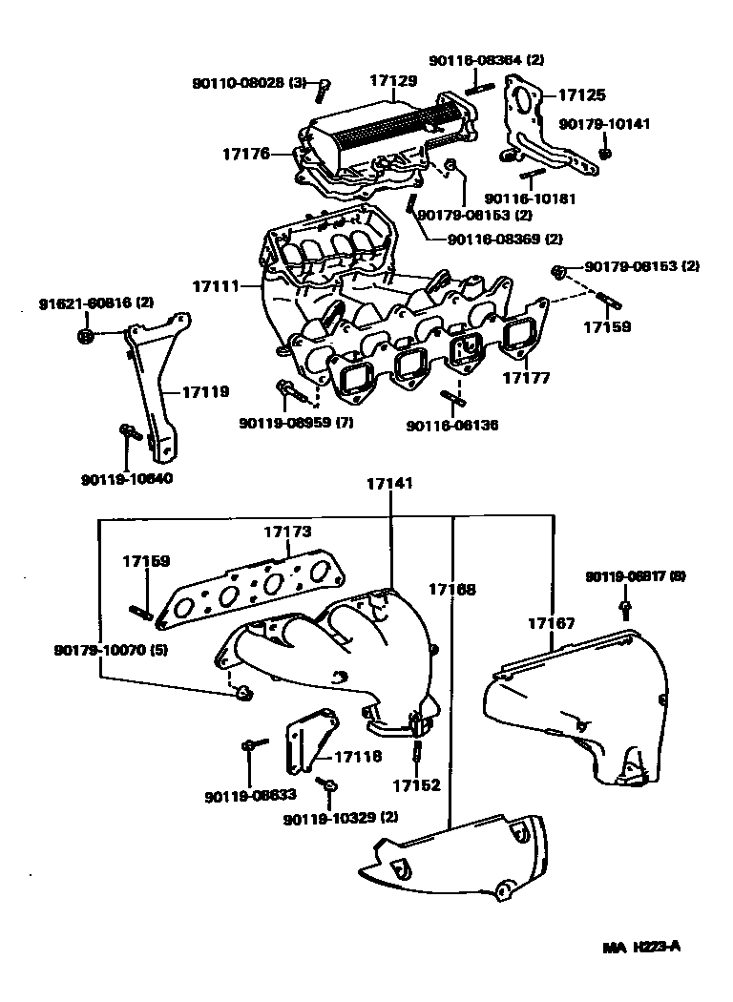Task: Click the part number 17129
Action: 393,82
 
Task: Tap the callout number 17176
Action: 246,153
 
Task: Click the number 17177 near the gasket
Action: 526,379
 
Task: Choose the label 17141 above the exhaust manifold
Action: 389,485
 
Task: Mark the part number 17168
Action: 452,591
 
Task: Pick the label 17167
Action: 551,623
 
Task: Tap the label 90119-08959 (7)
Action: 297,423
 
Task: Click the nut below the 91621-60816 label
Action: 85,335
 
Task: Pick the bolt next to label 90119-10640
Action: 128,433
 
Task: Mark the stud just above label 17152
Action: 418,755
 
